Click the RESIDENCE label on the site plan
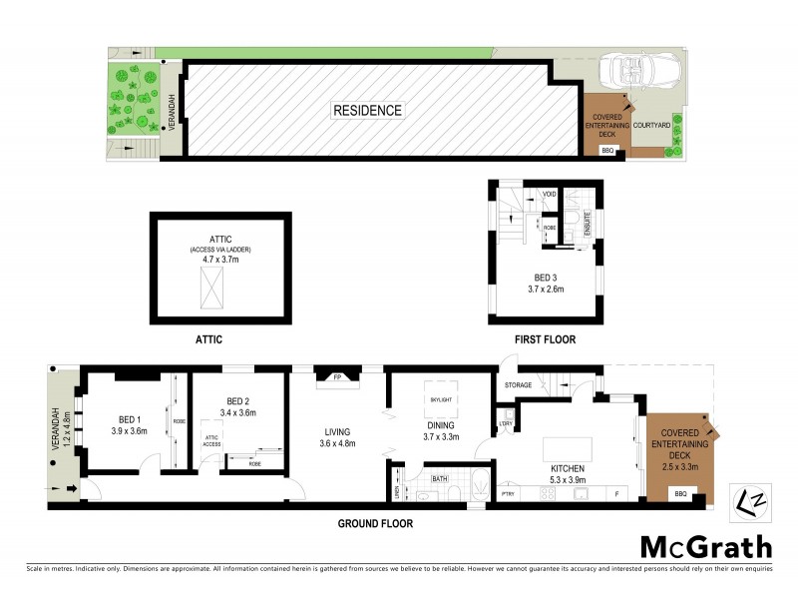pos(367,111)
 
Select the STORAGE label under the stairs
pos(518,383)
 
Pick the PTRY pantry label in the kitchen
pos(507,493)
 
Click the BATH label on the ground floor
pos(439,479)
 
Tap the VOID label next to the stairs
pos(549,194)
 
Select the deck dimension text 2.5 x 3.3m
pos(679,465)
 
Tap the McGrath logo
pos(705,547)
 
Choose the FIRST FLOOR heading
pos(545,339)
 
